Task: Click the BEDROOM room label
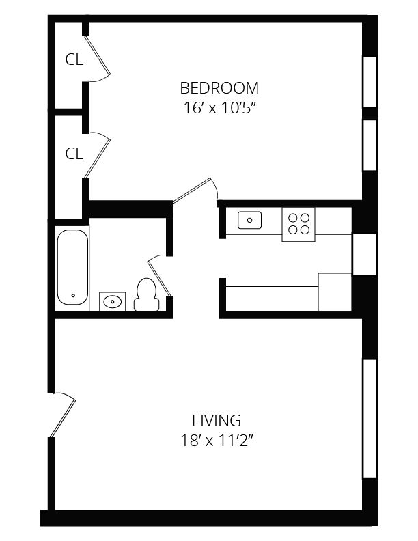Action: tap(219, 88)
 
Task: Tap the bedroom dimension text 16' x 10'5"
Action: tap(219, 107)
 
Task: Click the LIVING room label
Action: tap(216, 420)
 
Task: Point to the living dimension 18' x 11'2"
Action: tap(216, 440)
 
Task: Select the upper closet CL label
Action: tap(74, 60)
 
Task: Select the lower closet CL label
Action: tap(74, 154)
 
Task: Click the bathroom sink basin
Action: tap(113, 301)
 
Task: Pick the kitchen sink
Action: tap(250, 220)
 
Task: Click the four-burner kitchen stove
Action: tap(298, 223)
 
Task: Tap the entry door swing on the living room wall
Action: tap(63, 413)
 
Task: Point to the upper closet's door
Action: tap(99, 56)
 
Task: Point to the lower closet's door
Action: tap(98, 156)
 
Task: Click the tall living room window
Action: tap(370, 418)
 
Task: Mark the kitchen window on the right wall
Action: tap(364, 253)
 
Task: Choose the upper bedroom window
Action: tap(370, 81)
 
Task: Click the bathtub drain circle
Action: tap(72, 296)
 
